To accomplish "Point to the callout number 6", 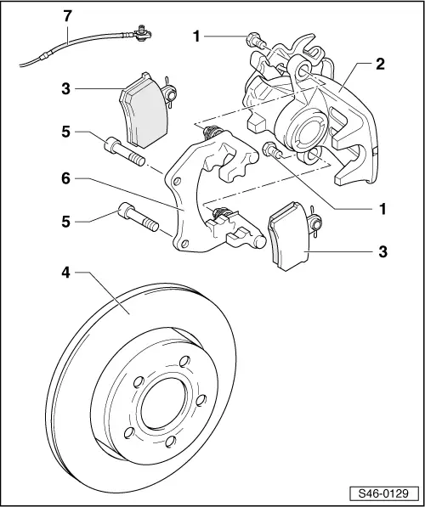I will coord(65,179).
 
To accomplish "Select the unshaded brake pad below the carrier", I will coord(289,240).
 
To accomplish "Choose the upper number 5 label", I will coord(65,132).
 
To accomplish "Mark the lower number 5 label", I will coord(65,222).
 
